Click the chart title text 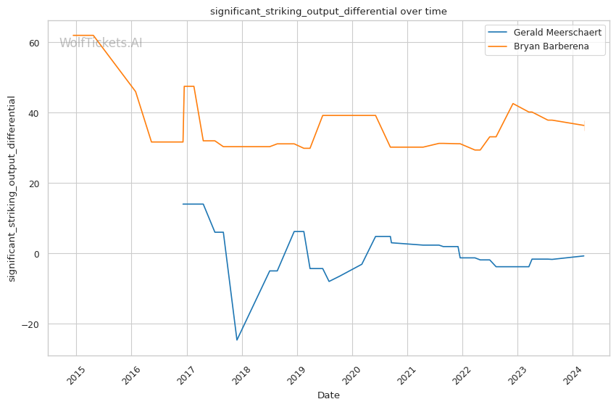pyautogui.click(x=328, y=12)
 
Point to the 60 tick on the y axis pyautogui.click(x=34, y=43)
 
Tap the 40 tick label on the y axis pyautogui.click(x=34, y=113)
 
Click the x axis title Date pyautogui.click(x=328, y=395)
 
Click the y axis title pyautogui.click(x=12, y=188)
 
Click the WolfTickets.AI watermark pyautogui.click(x=101, y=43)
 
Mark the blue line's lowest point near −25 pyautogui.click(x=237, y=340)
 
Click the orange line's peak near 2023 pyautogui.click(x=513, y=104)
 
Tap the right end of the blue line pyautogui.click(x=583, y=255)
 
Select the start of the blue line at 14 pyautogui.click(x=183, y=204)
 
